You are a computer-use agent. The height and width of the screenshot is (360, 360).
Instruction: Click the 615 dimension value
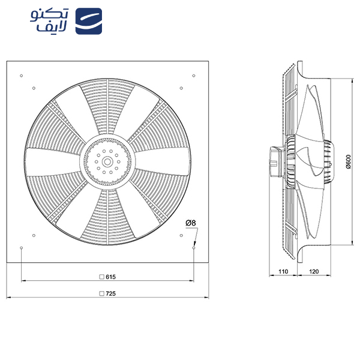click(x=110, y=277)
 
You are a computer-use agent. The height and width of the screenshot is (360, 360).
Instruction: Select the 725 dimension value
click(x=110, y=294)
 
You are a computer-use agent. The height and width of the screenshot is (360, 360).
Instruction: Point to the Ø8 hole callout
click(x=191, y=223)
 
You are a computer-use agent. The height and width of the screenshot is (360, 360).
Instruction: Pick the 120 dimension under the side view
click(x=313, y=272)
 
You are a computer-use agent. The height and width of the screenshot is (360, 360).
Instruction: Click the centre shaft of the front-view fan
click(x=107, y=161)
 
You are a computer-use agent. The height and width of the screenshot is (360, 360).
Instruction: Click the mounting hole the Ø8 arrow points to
click(x=194, y=247)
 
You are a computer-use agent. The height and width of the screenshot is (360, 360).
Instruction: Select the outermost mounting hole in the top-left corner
click(x=21, y=75)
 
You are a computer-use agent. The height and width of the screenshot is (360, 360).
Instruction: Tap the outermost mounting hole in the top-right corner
click(x=194, y=75)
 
